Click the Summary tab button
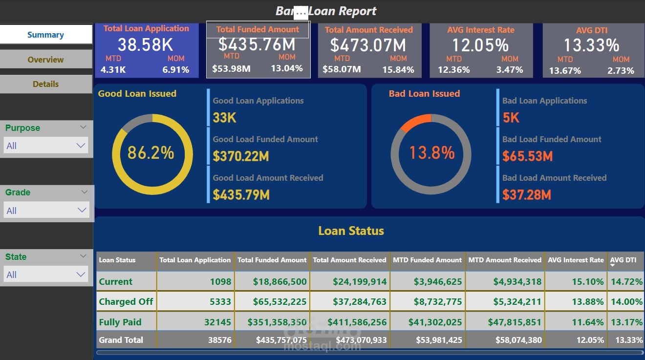tap(45, 35)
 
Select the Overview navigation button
tap(45, 60)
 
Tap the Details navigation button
tap(45, 84)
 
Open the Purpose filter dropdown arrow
tap(81, 146)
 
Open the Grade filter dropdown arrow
tap(81, 210)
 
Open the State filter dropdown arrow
tap(81, 275)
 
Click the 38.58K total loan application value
tap(146, 45)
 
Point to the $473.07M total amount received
tap(368, 45)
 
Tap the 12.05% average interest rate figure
tap(480, 45)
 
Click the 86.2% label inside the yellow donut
tap(150, 153)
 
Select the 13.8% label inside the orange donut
tap(432, 153)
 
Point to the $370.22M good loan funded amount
tap(241, 156)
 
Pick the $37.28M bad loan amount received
tap(527, 195)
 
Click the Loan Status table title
tap(351, 231)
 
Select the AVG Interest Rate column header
tap(576, 260)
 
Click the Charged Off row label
tap(126, 301)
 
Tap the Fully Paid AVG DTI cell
tap(626, 322)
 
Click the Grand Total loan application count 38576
tap(219, 340)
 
